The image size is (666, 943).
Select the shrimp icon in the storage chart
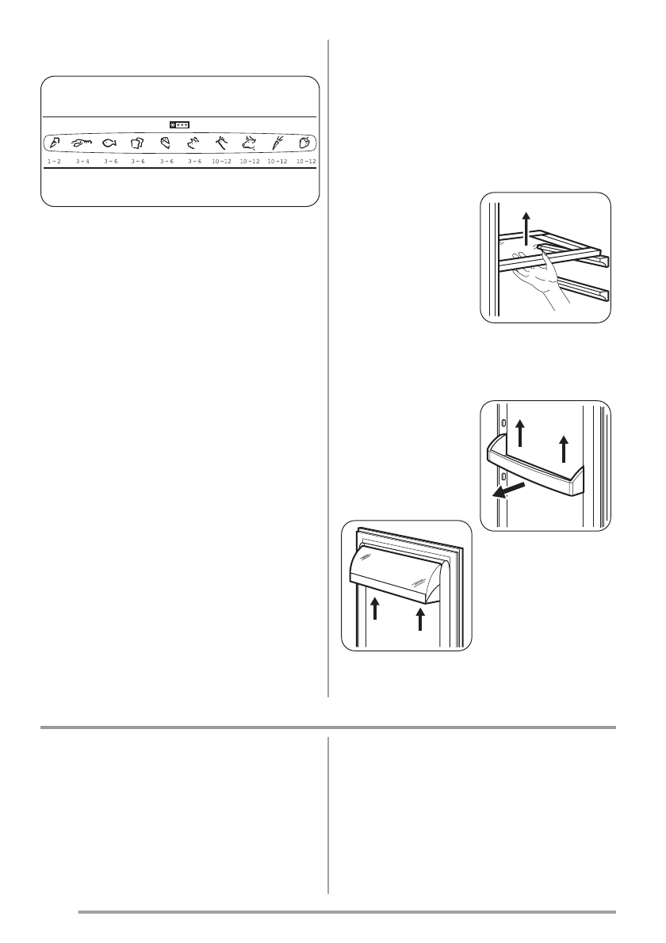pyautogui.click(x=81, y=143)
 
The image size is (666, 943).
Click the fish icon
pyautogui.click(x=109, y=143)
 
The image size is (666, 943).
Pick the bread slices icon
pyautogui.click(x=137, y=143)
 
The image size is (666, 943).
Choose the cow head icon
pyautogui.click(x=249, y=143)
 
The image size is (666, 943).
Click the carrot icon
pyautogui.click(x=277, y=143)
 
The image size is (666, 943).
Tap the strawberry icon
pyautogui.click(x=304, y=143)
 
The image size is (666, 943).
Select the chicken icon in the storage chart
pyautogui.click(x=221, y=143)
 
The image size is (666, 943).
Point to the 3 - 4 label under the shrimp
pyautogui.click(x=81, y=161)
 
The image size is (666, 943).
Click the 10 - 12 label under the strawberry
pyautogui.click(x=305, y=161)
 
